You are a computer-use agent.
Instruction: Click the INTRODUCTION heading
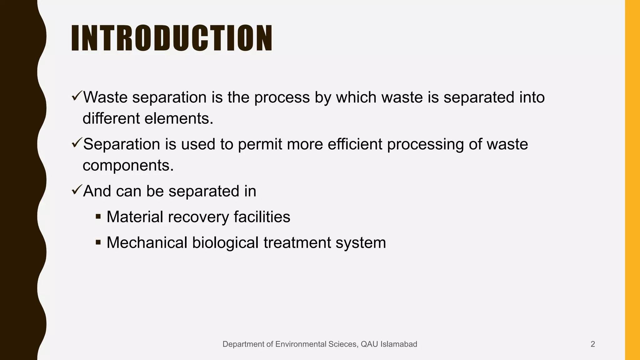172,38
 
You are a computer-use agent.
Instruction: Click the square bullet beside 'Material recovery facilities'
98,216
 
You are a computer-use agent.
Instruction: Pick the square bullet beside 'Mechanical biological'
98,242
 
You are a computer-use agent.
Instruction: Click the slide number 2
592,344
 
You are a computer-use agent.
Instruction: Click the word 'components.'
128,165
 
